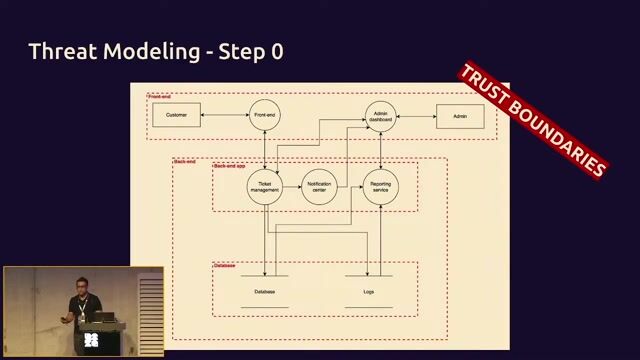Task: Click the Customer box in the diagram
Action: [176, 116]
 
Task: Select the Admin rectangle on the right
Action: [459, 116]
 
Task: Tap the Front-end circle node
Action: [264, 116]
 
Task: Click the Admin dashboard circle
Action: [380, 116]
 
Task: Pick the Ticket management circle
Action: [265, 187]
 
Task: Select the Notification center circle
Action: [320, 187]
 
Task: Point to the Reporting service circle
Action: [380, 187]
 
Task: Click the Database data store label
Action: [265, 291]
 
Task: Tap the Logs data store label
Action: [368, 291]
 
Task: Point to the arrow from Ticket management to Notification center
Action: [292, 187]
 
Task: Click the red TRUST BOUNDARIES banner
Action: [533, 120]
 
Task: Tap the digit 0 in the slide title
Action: [276, 51]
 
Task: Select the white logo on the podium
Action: [91, 340]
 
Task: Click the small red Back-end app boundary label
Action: [231, 165]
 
